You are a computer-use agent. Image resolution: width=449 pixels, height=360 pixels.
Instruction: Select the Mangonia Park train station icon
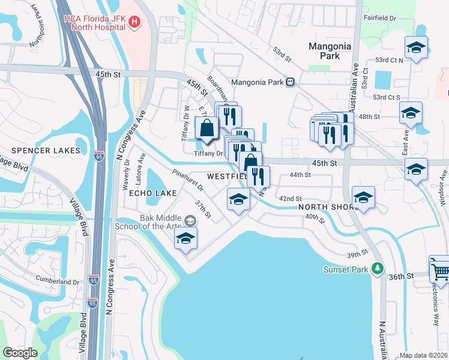point(290,82)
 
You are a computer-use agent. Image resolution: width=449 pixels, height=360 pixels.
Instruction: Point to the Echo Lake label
point(152,193)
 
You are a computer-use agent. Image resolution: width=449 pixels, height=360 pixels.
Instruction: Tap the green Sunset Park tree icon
point(377,268)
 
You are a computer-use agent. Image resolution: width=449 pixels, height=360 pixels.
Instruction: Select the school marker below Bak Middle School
point(186,238)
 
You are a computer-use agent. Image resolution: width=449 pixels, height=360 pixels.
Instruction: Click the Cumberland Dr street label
point(54,281)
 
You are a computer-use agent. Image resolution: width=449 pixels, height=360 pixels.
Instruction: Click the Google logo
point(20,353)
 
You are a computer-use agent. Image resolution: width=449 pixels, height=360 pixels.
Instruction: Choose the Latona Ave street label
point(142,164)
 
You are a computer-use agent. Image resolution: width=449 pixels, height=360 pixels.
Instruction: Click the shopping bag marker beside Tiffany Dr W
point(207,129)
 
